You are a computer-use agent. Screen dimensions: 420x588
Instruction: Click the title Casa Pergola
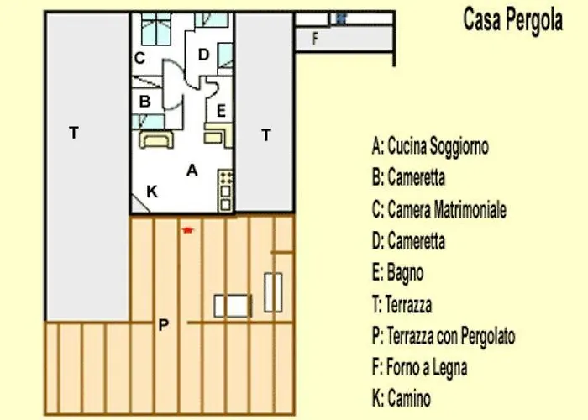[512, 21]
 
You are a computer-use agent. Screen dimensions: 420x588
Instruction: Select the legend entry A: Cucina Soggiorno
[430, 147]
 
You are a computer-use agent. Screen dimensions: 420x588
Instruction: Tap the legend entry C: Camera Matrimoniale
[438, 209]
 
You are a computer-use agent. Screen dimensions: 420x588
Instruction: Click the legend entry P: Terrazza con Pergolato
[443, 336]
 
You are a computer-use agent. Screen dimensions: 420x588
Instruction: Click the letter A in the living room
[192, 170]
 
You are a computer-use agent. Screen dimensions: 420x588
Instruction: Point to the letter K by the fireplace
[152, 192]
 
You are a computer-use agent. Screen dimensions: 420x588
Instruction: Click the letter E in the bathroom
[221, 110]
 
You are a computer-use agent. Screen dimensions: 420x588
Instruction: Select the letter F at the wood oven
[315, 38]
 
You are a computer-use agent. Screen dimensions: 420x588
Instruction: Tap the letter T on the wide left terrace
[74, 133]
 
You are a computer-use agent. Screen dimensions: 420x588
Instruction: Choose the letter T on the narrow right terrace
[266, 134]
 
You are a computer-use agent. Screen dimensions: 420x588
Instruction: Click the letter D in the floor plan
[202, 55]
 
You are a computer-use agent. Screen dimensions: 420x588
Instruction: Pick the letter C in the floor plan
[140, 58]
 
